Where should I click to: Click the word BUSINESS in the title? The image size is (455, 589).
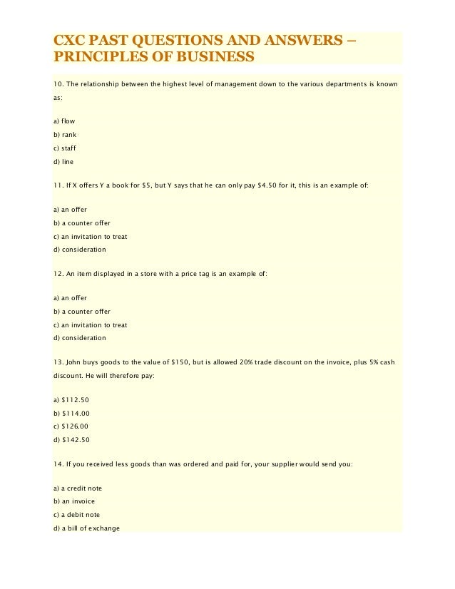(215, 56)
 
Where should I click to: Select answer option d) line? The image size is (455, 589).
(63, 162)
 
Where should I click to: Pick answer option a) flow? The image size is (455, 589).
(64, 121)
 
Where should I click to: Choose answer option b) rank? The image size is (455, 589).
(65, 135)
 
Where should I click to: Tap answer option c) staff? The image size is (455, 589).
(65, 148)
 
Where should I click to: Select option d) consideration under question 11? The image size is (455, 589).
(80, 250)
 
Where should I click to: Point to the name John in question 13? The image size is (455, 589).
(76, 362)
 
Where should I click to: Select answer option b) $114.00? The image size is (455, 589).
(71, 413)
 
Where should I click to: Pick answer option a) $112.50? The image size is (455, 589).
(71, 399)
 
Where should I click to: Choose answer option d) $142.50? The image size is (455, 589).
(71, 440)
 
